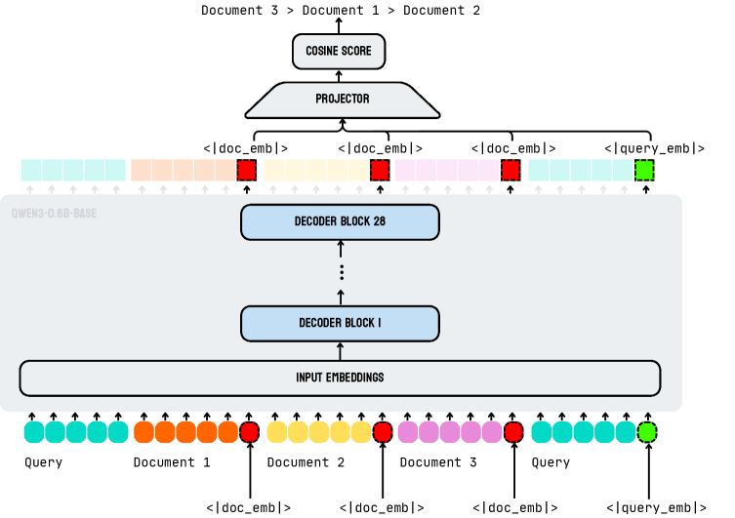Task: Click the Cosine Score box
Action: [339, 51]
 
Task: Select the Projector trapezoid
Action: [342, 99]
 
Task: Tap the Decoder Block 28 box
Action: [340, 221]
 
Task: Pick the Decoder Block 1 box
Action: [340, 323]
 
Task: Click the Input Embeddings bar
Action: [340, 378]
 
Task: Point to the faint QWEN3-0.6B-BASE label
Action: [54, 214]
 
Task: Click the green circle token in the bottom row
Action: [647, 431]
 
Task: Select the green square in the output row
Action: [644, 171]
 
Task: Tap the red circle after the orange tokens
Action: [249, 431]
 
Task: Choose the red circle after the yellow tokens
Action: [383, 431]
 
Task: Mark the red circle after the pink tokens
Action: [514, 431]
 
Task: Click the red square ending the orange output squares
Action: [247, 171]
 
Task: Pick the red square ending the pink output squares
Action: [510, 171]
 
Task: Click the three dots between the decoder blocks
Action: [341, 272]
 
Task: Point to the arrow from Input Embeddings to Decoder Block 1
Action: [340, 351]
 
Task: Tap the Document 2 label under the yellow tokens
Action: [306, 462]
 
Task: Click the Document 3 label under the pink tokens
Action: [438, 462]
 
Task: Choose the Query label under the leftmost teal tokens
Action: [43, 462]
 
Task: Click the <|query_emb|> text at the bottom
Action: [655, 507]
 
